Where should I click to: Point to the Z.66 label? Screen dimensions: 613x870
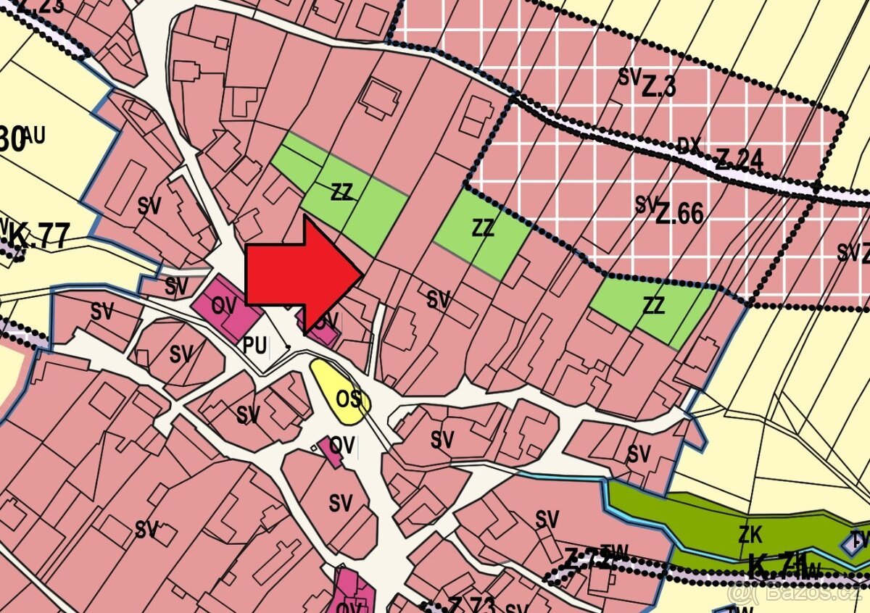pyautogui.click(x=679, y=213)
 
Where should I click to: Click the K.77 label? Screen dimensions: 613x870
pyautogui.click(x=39, y=237)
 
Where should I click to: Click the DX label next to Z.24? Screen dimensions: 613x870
pyautogui.click(x=689, y=146)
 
